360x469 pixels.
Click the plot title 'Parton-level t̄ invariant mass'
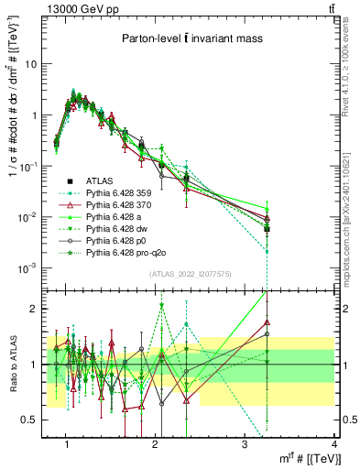[x=191, y=38]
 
